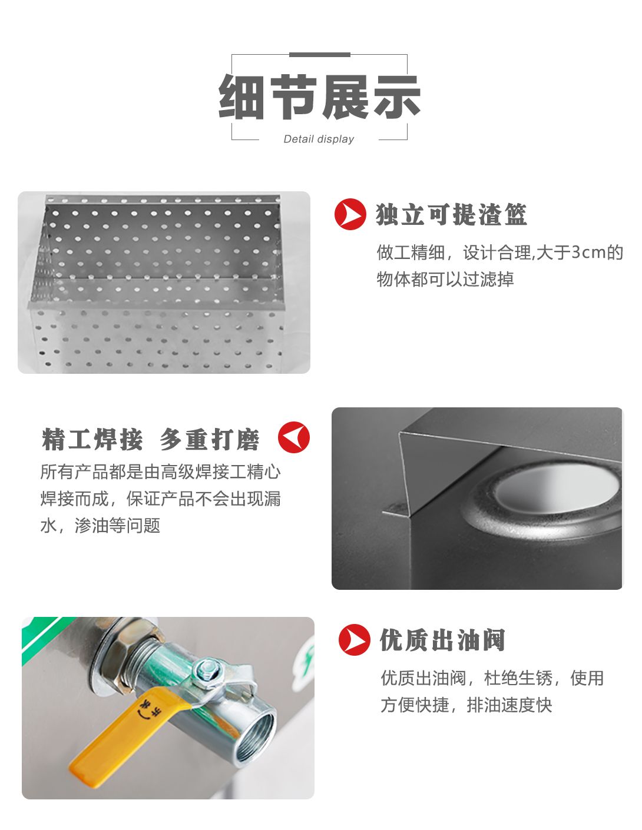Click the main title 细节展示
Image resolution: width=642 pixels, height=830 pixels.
[319, 97]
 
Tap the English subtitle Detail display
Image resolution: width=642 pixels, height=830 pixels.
[319, 139]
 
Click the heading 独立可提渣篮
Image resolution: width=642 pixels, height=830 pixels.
[451, 214]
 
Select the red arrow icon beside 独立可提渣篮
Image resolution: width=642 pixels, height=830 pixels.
[350, 214]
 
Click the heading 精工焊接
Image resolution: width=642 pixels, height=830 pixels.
[92, 439]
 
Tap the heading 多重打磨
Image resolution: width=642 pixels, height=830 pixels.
[209, 439]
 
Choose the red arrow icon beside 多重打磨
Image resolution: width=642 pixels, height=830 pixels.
[294, 437]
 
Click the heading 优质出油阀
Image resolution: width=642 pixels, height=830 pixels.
[442, 640]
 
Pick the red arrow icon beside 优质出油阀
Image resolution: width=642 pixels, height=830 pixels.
[354, 640]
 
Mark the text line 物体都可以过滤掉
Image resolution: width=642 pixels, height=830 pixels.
[445, 279]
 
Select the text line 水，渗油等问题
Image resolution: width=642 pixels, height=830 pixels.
[100, 526]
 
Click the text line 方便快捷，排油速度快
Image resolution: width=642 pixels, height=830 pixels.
[466, 705]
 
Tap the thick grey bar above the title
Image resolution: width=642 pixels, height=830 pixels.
[319, 55]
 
